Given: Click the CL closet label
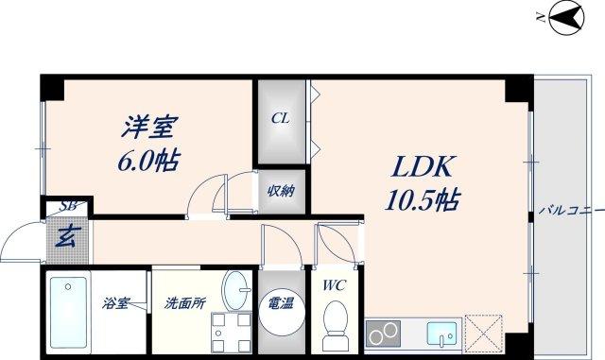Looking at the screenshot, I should [x=281, y=119].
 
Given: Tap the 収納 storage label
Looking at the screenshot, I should [x=281, y=191].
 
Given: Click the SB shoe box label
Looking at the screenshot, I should [x=68, y=205].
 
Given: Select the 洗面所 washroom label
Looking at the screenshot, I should [x=185, y=304].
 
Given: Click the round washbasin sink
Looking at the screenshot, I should [x=236, y=287].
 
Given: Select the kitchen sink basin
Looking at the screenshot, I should [x=441, y=334].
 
